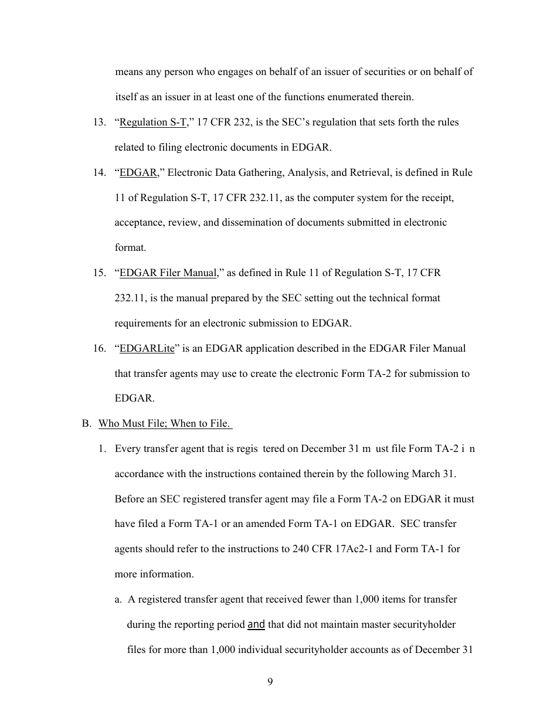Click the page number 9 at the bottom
270,681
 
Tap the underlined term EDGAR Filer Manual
168,273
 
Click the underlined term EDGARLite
147,348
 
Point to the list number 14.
99,172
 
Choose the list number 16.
99,348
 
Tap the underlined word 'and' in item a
256,624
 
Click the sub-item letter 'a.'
118,599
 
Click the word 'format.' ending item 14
130,248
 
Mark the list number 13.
99,122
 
